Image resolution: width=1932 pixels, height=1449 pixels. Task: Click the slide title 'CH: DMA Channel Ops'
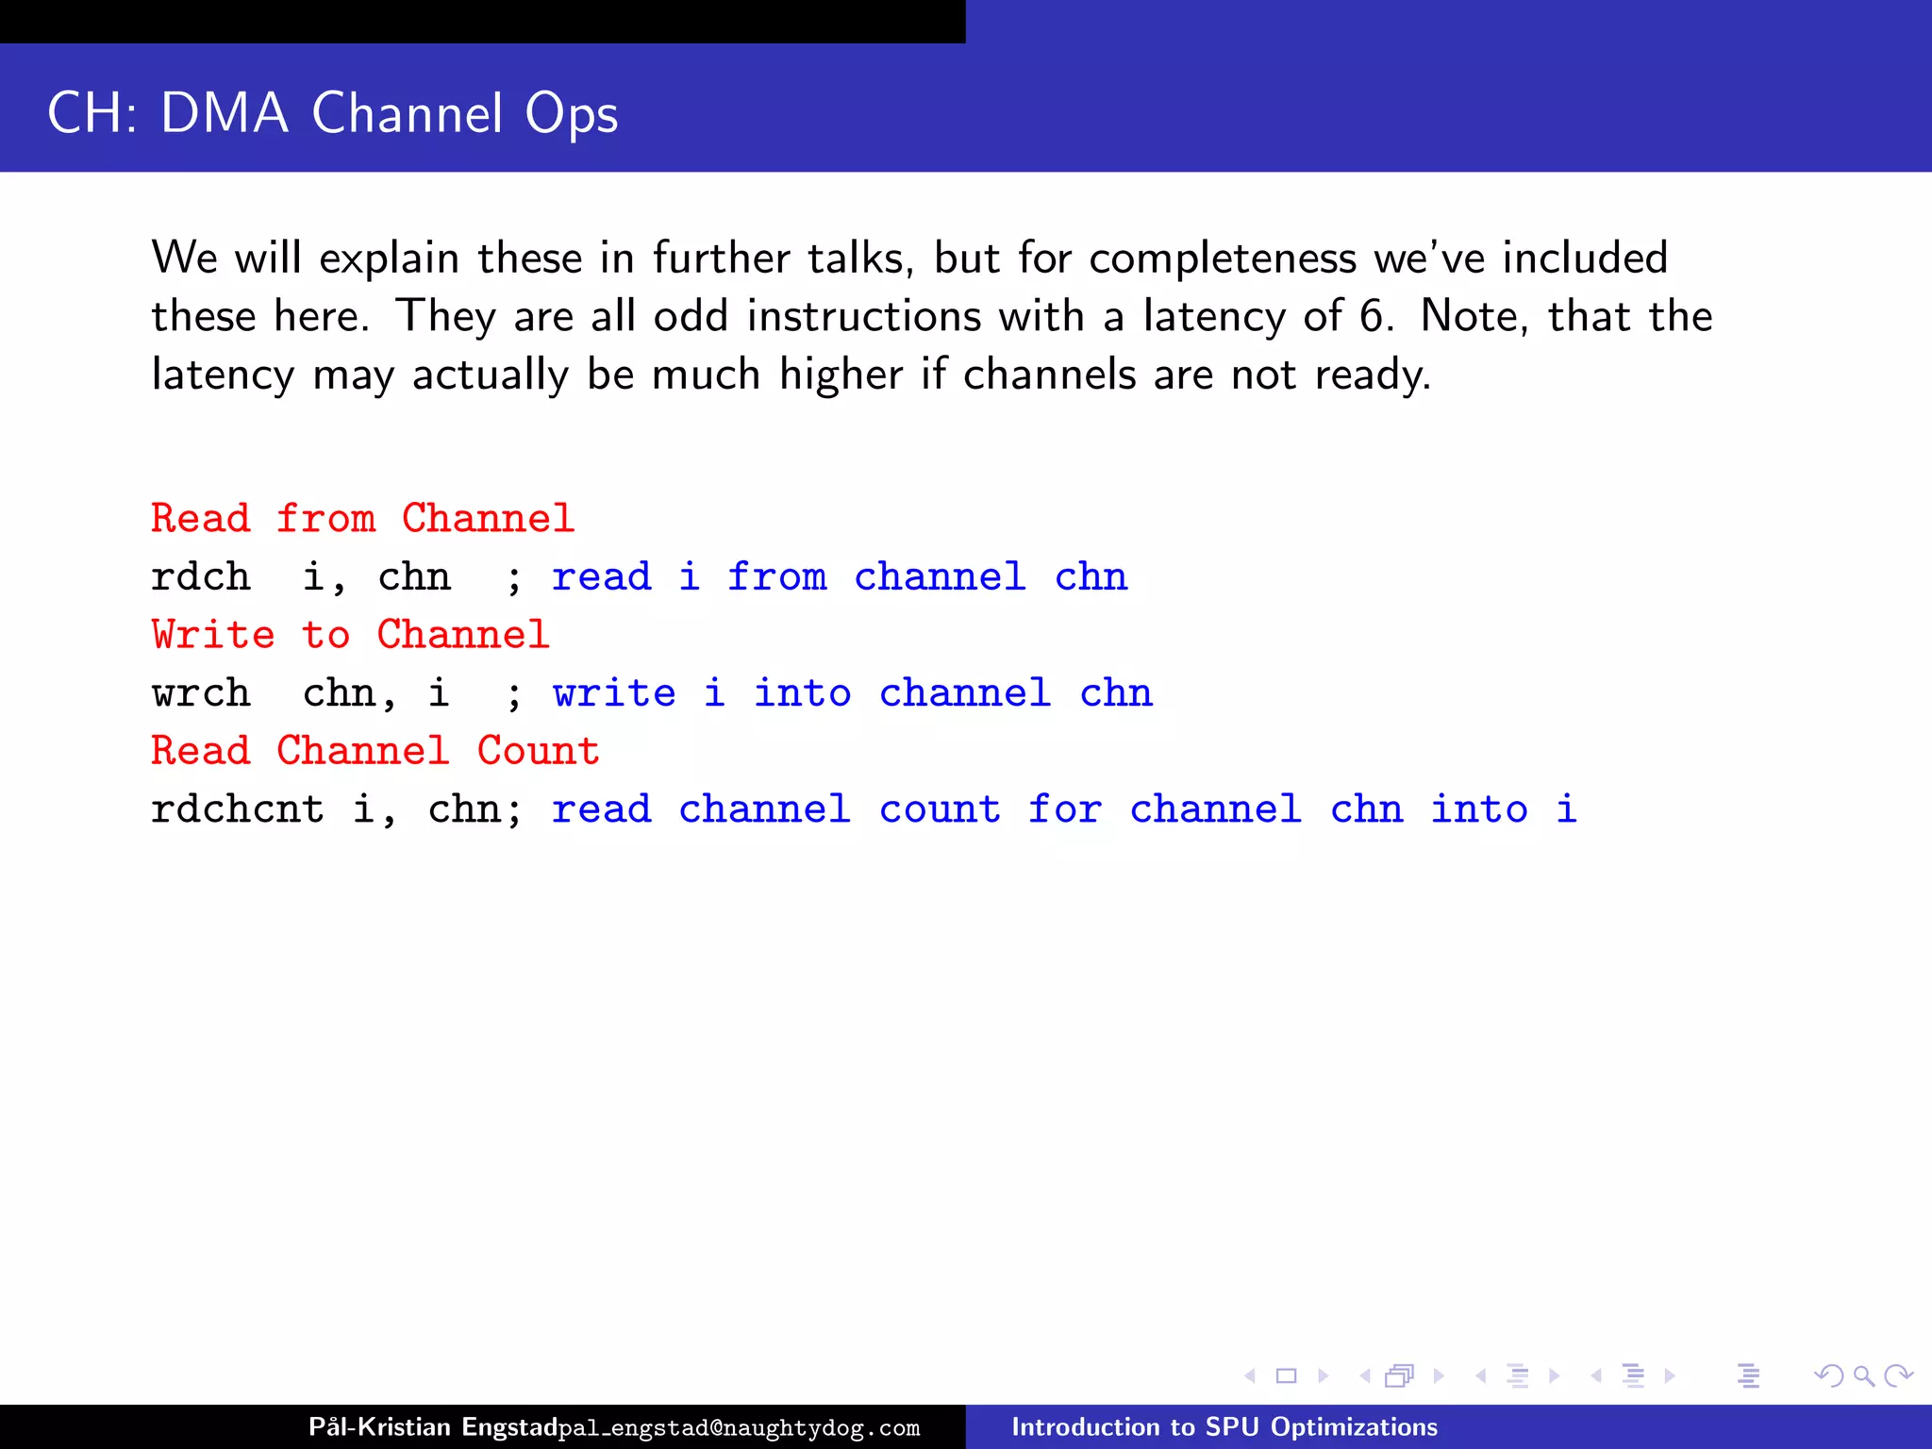click(332, 113)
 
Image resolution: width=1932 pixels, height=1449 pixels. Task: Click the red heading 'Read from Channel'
click(362, 519)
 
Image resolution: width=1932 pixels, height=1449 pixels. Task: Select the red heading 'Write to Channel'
click(350, 635)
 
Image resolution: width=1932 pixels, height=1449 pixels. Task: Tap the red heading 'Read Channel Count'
click(375, 751)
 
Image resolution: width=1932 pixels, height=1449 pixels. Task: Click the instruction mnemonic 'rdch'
click(201, 577)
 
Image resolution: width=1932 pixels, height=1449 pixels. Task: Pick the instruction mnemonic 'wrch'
click(201, 693)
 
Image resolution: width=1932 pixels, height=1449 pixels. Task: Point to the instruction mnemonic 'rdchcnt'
click(238, 809)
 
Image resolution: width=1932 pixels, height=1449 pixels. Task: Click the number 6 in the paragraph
click(1372, 316)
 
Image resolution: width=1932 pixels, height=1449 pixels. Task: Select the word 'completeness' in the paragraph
click(1222, 258)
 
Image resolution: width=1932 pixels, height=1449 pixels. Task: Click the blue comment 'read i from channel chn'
click(840, 577)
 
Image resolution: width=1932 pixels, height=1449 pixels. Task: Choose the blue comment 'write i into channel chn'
click(852, 693)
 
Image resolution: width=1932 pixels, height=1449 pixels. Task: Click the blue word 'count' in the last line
click(940, 809)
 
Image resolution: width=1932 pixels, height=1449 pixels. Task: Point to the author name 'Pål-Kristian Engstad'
click(432, 1426)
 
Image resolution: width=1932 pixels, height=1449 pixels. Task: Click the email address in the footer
click(739, 1428)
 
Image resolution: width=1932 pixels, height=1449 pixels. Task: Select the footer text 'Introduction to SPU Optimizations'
click(1224, 1426)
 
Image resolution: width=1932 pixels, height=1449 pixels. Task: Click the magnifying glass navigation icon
click(1863, 1376)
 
